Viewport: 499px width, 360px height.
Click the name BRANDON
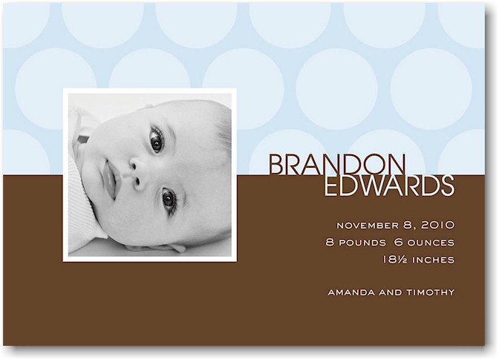coord(338,165)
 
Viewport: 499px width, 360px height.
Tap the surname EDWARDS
coord(389,186)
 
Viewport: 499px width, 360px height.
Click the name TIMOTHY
coord(431,292)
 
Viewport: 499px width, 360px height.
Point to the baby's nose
coord(135,173)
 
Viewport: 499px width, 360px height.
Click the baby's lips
coord(110,180)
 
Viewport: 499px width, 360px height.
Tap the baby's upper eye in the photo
coord(156,140)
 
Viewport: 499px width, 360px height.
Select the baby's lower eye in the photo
coord(169,200)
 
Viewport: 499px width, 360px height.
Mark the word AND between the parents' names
coord(391,292)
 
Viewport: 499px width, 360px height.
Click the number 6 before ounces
coord(399,242)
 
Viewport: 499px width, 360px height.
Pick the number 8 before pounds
coord(330,242)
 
